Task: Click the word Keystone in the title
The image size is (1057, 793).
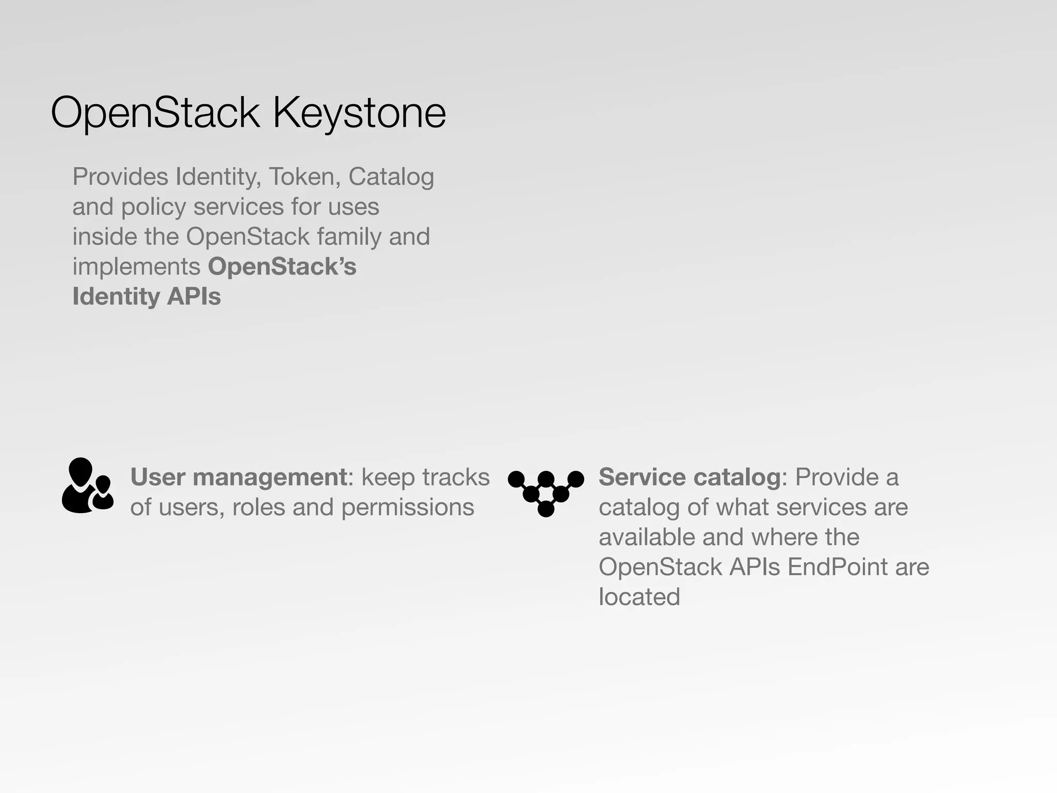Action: [359, 113]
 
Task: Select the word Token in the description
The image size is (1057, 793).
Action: [302, 177]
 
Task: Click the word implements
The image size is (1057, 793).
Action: [136, 267]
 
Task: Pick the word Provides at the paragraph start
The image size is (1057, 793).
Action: [120, 177]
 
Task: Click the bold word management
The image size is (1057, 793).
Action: [270, 477]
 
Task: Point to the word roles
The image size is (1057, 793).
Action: [258, 507]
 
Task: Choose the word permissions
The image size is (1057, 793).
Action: [407, 507]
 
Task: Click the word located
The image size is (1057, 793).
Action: [639, 597]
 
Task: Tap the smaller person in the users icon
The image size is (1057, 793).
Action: [103, 493]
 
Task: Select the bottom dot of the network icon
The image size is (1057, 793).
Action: [546, 509]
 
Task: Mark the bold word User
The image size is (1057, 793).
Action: [157, 477]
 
